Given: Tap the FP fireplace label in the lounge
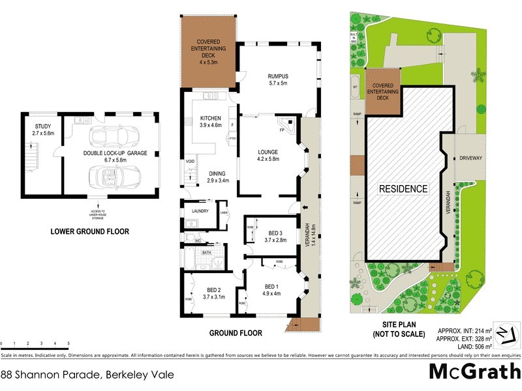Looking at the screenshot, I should [281, 130].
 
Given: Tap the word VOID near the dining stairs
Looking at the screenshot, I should [191, 162].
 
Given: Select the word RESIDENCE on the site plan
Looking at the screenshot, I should [403, 189].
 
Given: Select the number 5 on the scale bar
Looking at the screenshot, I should [69, 343].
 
